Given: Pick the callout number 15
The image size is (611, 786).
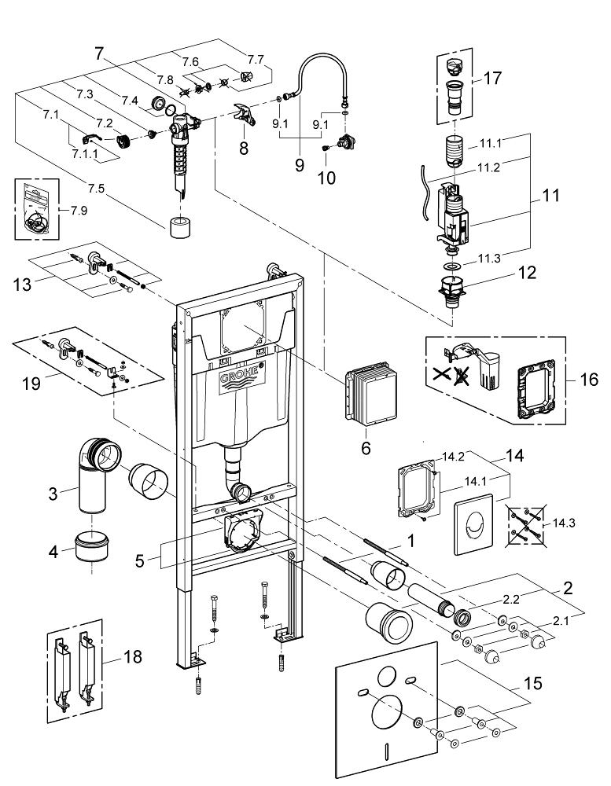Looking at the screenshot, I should tap(532, 683).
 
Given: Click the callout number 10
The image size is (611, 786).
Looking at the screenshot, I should tap(326, 178).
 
